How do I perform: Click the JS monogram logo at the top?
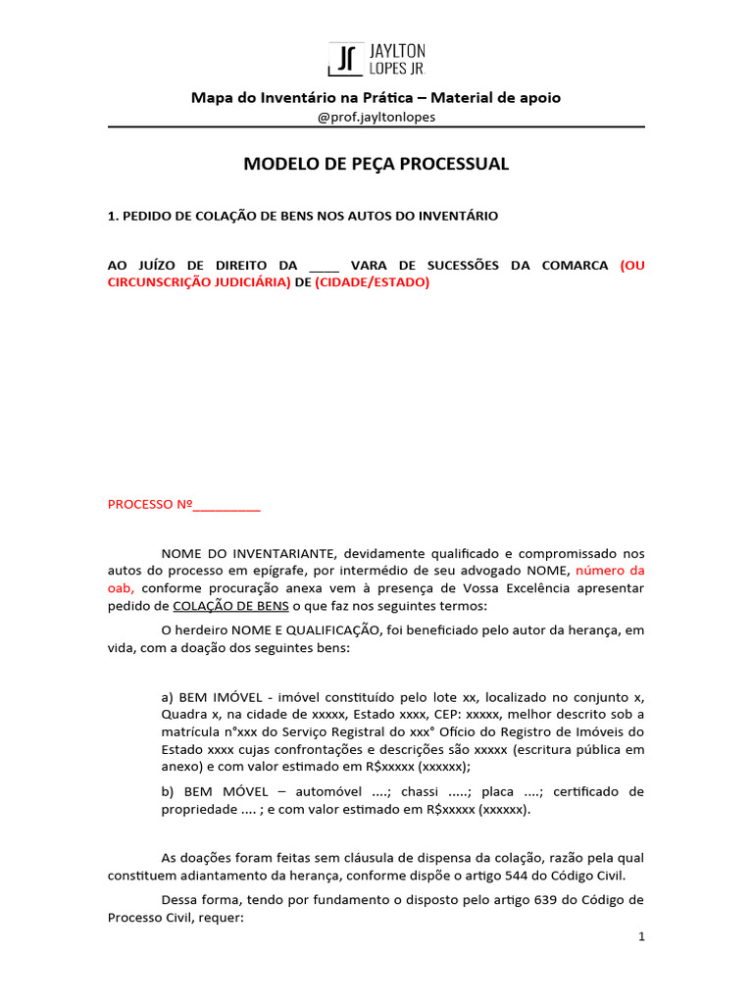[x=344, y=59]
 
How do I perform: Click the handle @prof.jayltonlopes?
[x=376, y=117]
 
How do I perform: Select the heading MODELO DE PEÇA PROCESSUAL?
[x=376, y=164]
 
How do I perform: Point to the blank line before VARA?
[x=324, y=266]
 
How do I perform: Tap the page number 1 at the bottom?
[x=641, y=937]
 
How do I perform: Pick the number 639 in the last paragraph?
[x=546, y=900]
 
